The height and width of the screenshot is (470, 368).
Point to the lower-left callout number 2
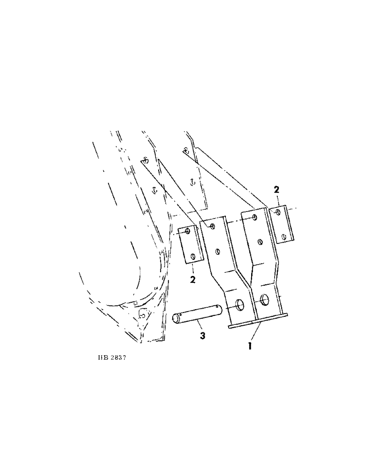(x=192, y=280)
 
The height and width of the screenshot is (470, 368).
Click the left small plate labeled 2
(x=191, y=245)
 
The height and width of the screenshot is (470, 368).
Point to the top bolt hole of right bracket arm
(x=254, y=218)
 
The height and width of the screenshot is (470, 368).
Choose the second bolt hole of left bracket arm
(x=217, y=251)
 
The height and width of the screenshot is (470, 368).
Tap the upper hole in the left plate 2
(x=188, y=232)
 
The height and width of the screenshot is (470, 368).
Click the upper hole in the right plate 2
(x=278, y=212)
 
